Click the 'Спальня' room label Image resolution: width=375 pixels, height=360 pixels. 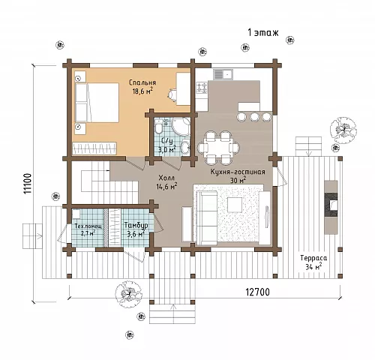[x=142, y=82]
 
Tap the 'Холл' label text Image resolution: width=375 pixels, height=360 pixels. [x=166, y=178]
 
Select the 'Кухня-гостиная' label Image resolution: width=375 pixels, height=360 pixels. [x=238, y=172]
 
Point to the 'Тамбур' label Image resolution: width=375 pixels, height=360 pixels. [x=136, y=225]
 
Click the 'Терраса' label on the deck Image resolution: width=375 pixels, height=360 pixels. [x=313, y=258]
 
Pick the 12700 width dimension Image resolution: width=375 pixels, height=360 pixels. [x=258, y=292]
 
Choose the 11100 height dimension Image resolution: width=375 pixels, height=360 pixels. [x=27, y=183]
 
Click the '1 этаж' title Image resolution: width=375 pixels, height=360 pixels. [x=262, y=32]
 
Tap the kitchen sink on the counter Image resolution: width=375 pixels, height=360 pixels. [x=223, y=74]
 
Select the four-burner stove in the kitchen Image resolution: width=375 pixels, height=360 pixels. [x=202, y=88]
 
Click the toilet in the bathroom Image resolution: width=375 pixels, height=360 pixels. [x=159, y=126]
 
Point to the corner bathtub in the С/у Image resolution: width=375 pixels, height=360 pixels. [x=181, y=127]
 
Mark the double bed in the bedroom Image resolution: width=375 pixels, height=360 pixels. [x=97, y=103]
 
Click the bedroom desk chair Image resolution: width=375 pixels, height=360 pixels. [x=172, y=94]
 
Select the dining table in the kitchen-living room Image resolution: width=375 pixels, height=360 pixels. [x=219, y=148]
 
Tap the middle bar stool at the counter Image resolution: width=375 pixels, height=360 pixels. [x=255, y=117]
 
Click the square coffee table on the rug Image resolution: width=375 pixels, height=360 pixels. [x=235, y=205]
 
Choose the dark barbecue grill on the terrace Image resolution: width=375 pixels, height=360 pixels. [x=331, y=205]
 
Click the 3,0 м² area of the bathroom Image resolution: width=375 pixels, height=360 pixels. [x=166, y=149]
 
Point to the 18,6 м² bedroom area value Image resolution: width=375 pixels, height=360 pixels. [x=142, y=91]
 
